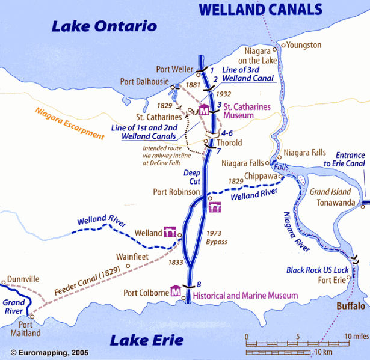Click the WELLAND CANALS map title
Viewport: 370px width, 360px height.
pyautogui.click(x=261, y=9)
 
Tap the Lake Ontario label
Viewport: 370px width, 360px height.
pyautogui.click(x=103, y=26)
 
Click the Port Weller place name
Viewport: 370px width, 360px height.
pyautogui.click(x=174, y=69)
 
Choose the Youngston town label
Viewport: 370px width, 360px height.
pyautogui.click(x=304, y=45)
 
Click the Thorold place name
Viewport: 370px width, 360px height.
pyautogui.click(x=229, y=143)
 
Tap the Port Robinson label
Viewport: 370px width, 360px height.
pyautogui.click(x=176, y=192)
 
